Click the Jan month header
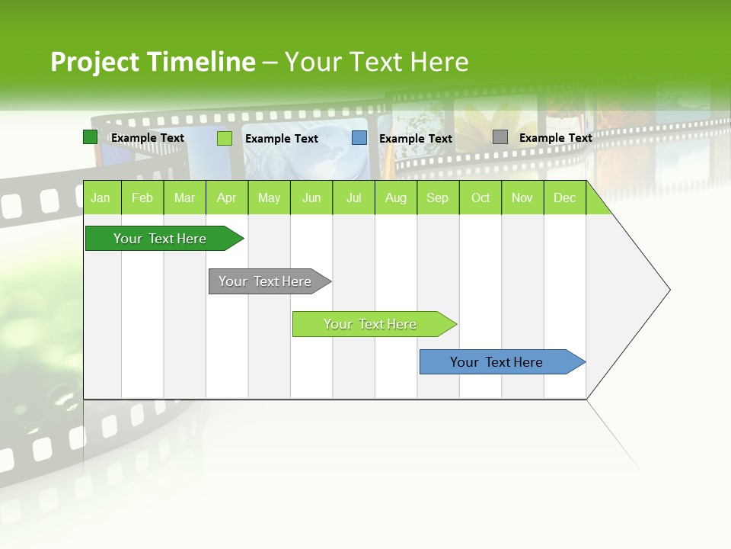coord(101,198)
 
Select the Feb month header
coord(142,198)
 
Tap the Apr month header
coord(226,198)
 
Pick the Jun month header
coord(311,198)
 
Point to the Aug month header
coord(395,198)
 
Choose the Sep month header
coord(437,198)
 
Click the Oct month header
coord(480,198)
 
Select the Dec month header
coord(564,198)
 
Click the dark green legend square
coord(90,137)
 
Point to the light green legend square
coord(225,138)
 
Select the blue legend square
coord(359,138)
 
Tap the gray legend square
coord(500,137)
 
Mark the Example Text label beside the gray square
coord(555,138)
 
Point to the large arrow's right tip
coord(669,290)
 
